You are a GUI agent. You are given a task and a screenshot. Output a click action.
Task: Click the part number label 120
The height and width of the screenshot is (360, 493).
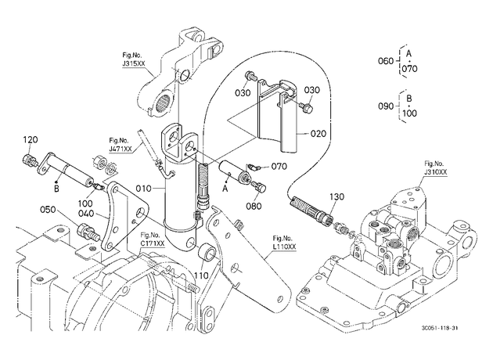coord(31,139)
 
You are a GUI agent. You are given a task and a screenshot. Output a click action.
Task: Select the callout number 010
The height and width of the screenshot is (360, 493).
coord(144,189)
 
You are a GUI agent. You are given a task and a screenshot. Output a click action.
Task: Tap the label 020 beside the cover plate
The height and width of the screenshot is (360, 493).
coord(318,134)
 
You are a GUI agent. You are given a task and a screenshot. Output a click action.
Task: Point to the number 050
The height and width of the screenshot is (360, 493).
coord(48,210)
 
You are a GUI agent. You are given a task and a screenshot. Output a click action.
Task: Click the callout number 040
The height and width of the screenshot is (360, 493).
coord(86,214)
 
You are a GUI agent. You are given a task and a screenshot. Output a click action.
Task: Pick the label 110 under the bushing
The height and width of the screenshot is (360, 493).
coord(201,275)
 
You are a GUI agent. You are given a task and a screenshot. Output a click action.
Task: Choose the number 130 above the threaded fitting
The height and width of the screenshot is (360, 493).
coord(336,196)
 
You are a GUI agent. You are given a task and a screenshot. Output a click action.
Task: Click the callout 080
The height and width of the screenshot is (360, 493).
coord(254,206)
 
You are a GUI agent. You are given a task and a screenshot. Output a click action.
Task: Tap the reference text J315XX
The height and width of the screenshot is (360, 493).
coord(134,63)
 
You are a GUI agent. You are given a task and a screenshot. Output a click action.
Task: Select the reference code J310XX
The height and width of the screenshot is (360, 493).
coord(435,172)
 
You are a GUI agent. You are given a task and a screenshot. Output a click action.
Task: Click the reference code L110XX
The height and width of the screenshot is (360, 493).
coord(285,247)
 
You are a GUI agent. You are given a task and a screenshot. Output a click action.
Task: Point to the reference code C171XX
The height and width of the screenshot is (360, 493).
coord(153,243)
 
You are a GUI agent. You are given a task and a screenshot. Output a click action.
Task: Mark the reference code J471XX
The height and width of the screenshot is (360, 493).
coord(121,149)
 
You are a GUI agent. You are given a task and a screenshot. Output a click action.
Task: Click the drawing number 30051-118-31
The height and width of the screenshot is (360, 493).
coord(440,328)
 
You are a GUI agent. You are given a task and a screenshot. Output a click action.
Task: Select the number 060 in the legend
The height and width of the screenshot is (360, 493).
coord(386,61)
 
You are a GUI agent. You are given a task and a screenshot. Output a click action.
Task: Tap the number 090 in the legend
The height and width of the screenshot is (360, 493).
coord(386,106)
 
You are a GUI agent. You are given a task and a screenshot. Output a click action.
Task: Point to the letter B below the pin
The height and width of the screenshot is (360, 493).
coord(56,189)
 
